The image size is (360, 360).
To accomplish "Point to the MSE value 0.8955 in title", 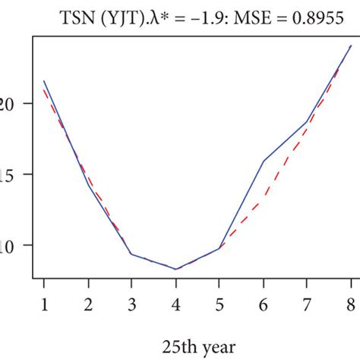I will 313,17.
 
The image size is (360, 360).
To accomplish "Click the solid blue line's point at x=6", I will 263,161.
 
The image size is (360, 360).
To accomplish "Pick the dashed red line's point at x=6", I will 263,201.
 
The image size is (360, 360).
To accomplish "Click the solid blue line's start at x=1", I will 44,81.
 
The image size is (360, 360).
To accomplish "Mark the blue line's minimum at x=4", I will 175,269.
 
